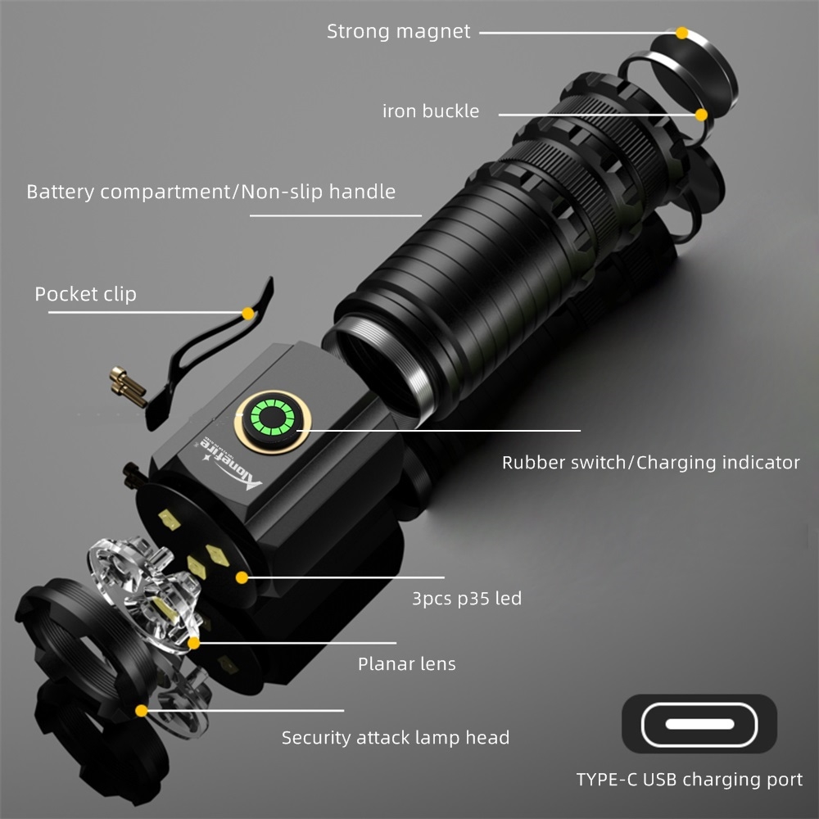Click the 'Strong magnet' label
pos(399,32)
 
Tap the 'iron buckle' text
pos(431,111)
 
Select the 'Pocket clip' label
pos(85,294)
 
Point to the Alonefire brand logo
pos(232,463)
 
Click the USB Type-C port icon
pos(699,724)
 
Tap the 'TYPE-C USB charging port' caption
pos(689,780)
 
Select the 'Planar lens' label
pos(407,663)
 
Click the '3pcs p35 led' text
pos(466,599)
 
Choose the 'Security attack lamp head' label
pos(396,738)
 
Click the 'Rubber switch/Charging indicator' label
pos(650,463)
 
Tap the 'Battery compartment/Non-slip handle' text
pos(211,192)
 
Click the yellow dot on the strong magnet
pos(682,33)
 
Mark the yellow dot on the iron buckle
pos(702,115)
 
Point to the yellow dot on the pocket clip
pos(247,312)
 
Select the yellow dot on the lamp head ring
pos(142,711)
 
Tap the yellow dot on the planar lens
pos(194,643)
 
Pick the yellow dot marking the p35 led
pos(242,577)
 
